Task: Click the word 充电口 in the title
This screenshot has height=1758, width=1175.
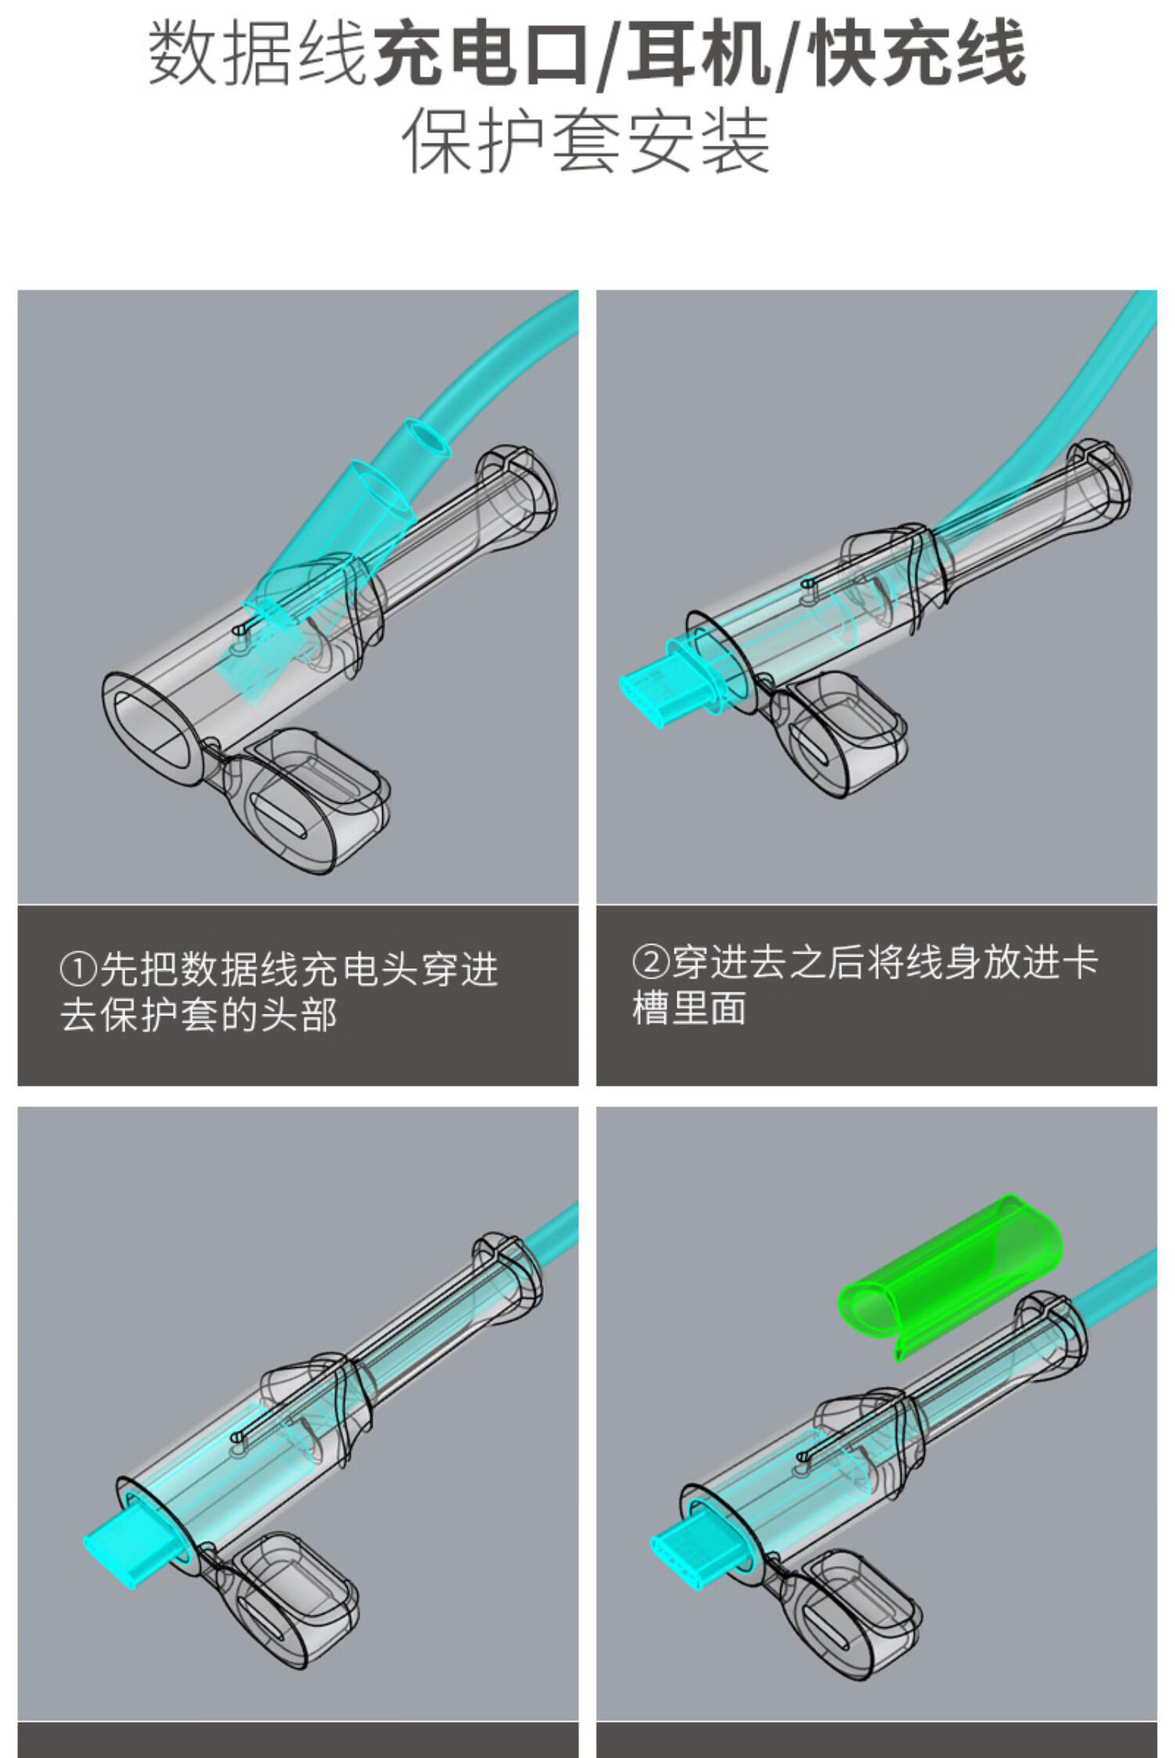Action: click(480, 53)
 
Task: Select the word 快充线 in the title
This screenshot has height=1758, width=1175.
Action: click(916, 53)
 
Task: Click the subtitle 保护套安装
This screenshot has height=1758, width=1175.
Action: click(586, 141)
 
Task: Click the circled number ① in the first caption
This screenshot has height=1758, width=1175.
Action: click(78, 970)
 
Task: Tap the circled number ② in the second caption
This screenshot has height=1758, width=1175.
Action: click(650, 963)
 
